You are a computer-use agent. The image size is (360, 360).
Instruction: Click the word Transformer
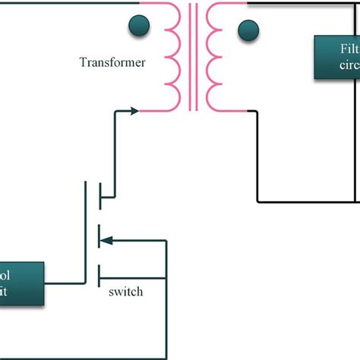tap(112, 62)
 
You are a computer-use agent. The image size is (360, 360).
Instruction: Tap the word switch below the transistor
tap(125, 291)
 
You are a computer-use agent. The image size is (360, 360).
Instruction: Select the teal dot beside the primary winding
tap(139, 27)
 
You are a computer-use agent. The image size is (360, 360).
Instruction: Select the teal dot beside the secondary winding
tap(247, 31)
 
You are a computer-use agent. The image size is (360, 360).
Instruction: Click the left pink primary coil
tap(171, 57)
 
